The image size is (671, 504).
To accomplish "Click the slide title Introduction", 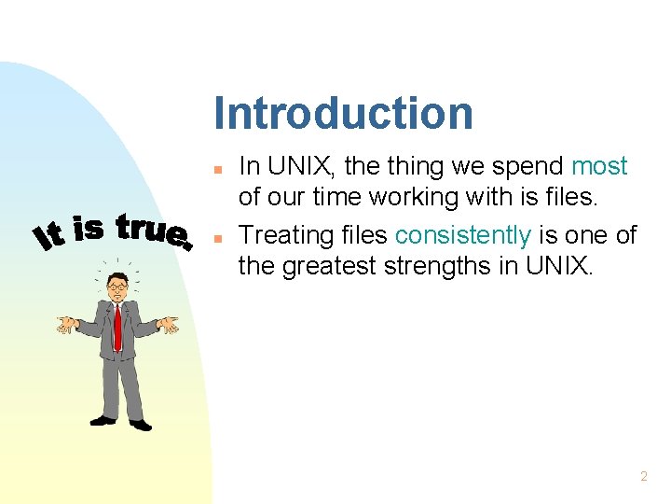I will (x=343, y=113).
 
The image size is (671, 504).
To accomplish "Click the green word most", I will (x=599, y=167).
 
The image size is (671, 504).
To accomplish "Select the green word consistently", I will (x=462, y=235).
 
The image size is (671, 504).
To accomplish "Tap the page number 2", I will (x=643, y=476).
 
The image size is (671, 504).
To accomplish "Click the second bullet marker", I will (x=216, y=239).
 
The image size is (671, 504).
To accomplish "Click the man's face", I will (x=117, y=287).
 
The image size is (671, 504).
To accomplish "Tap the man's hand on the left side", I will (x=66, y=325).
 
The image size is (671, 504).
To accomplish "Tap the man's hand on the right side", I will (x=168, y=325).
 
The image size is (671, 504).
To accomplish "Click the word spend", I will (x=527, y=167).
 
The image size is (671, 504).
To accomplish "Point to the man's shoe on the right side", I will (x=141, y=426).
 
